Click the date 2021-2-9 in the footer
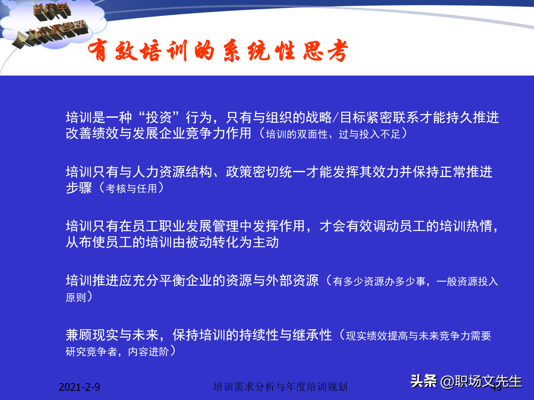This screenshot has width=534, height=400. click(79, 387)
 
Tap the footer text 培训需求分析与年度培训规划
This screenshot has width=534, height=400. click(280, 386)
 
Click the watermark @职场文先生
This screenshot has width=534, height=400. click(481, 381)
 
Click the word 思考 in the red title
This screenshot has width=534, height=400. click(325, 51)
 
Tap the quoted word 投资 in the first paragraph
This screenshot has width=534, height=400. click(159, 117)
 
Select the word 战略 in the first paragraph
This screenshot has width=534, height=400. click(319, 117)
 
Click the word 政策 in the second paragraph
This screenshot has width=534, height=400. click(239, 172)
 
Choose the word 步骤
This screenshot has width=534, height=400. click(79, 188)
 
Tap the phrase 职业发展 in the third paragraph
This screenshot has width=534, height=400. click(186, 226)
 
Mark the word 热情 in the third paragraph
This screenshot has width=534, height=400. click(479, 226)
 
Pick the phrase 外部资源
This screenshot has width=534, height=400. click(292, 280)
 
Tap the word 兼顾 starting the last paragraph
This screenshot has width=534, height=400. click(79, 335)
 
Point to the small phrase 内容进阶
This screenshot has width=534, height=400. click(149, 352)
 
